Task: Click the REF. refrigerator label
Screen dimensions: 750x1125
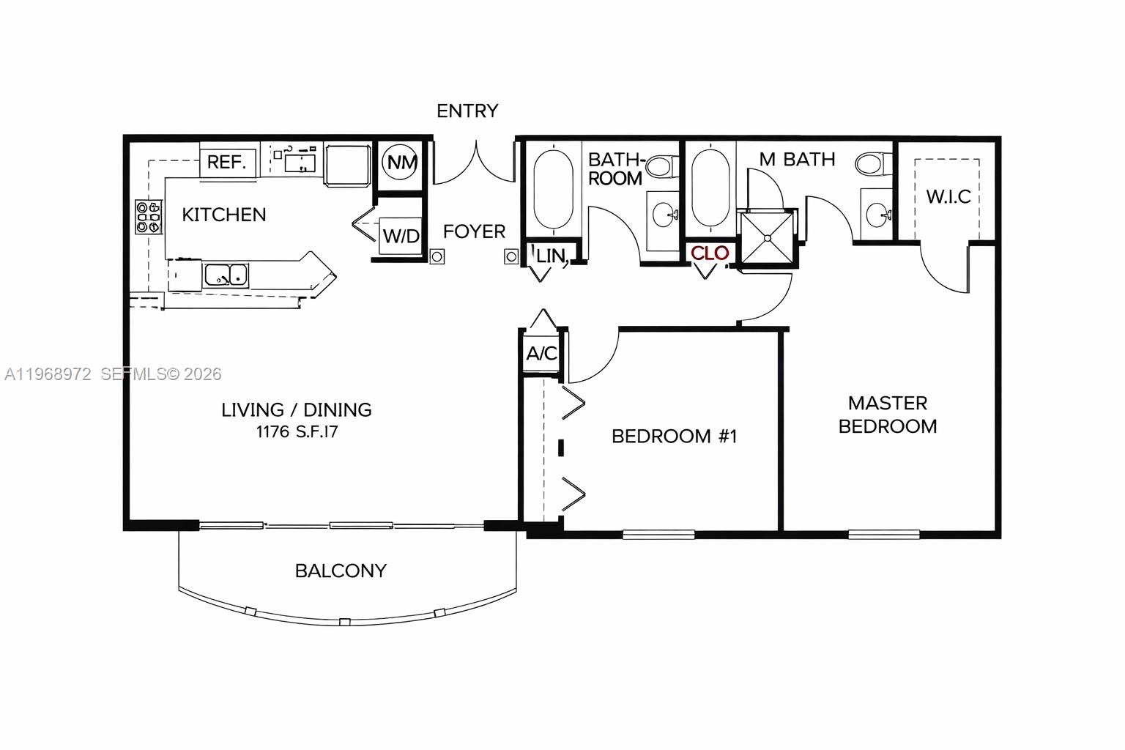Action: tap(226, 162)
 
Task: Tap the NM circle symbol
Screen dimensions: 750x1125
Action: tap(401, 163)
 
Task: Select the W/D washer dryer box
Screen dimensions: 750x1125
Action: tap(401, 236)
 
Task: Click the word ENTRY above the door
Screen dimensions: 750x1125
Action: tap(467, 111)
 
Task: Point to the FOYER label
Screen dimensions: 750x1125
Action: tap(474, 231)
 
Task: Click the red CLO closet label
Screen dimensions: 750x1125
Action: tap(710, 253)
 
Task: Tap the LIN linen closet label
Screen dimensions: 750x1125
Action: tap(551, 256)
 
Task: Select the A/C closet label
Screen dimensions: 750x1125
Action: tap(542, 354)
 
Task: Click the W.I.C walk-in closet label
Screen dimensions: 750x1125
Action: tap(948, 196)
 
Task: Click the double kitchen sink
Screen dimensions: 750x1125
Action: tap(226, 275)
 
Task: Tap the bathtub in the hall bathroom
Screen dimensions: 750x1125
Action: tap(553, 190)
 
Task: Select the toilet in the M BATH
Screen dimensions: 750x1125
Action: tap(871, 163)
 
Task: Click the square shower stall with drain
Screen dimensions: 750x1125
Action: tap(767, 237)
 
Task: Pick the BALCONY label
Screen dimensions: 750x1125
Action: tap(341, 571)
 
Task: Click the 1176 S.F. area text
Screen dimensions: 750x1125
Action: tap(296, 432)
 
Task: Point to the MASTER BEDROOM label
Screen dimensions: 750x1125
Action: tap(887, 415)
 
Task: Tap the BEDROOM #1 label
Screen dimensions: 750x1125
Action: tap(674, 437)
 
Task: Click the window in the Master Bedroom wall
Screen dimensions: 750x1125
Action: tap(883, 534)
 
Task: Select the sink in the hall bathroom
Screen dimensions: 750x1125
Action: tap(665, 215)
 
